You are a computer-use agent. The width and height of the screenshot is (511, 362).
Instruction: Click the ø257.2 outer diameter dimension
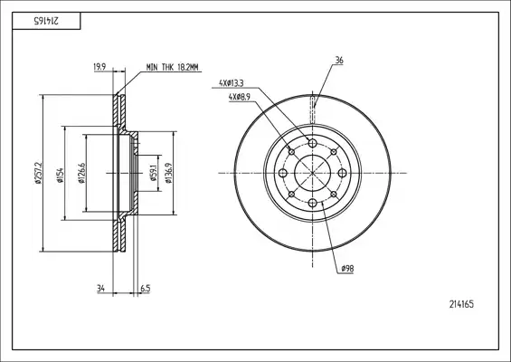pyautogui.click(x=38, y=173)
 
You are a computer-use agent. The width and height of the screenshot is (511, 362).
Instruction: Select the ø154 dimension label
pyautogui.click(x=60, y=175)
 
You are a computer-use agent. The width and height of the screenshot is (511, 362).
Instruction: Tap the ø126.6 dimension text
pyautogui.click(x=81, y=173)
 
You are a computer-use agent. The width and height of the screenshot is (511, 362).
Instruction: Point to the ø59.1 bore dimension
pyautogui.click(x=154, y=173)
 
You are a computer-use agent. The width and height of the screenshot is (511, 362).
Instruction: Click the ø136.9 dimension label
pyautogui.click(x=168, y=173)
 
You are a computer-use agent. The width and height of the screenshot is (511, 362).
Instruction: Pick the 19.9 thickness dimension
pyautogui.click(x=99, y=67)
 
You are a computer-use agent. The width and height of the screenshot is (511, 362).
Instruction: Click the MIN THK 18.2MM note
pyautogui.click(x=172, y=68)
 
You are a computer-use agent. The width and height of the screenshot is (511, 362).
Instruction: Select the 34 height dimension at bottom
pyautogui.click(x=100, y=289)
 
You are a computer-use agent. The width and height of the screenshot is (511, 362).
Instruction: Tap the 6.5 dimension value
pyautogui.click(x=146, y=289)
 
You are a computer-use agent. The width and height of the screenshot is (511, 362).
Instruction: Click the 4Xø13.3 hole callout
pyautogui.click(x=231, y=83)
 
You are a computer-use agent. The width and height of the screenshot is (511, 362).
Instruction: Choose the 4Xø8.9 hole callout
pyautogui.click(x=239, y=97)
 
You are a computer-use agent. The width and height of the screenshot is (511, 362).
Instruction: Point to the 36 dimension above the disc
pyautogui.click(x=339, y=61)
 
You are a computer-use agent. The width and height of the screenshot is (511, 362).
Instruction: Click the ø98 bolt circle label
pyautogui.click(x=347, y=269)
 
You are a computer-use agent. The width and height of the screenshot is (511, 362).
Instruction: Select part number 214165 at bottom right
pyautogui.click(x=461, y=304)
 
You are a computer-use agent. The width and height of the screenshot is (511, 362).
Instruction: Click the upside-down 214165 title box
pyautogui.click(x=46, y=21)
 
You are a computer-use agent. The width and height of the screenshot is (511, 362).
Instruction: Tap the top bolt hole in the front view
pyautogui.click(x=313, y=143)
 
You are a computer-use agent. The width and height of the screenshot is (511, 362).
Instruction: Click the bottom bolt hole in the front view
pyautogui.click(x=313, y=203)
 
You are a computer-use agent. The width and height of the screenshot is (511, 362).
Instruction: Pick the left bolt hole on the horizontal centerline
pyautogui.click(x=283, y=173)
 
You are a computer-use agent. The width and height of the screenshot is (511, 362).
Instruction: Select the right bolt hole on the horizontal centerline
pyautogui.click(x=342, y=173)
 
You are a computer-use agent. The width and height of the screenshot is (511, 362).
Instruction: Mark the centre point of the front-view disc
pyautogui.click(x=313, y=173)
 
